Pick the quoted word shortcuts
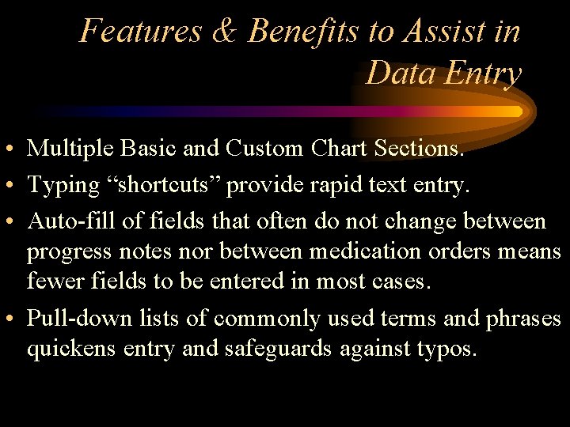164,185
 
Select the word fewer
54,282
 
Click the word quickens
72,350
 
